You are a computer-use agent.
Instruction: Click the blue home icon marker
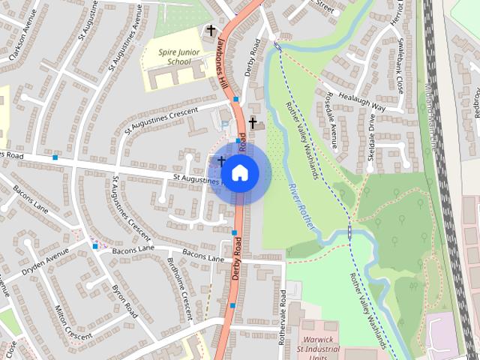pyautogui.click(x=239, y=173)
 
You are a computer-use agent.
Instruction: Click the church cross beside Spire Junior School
pyautogui.click(x=211, y=31)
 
